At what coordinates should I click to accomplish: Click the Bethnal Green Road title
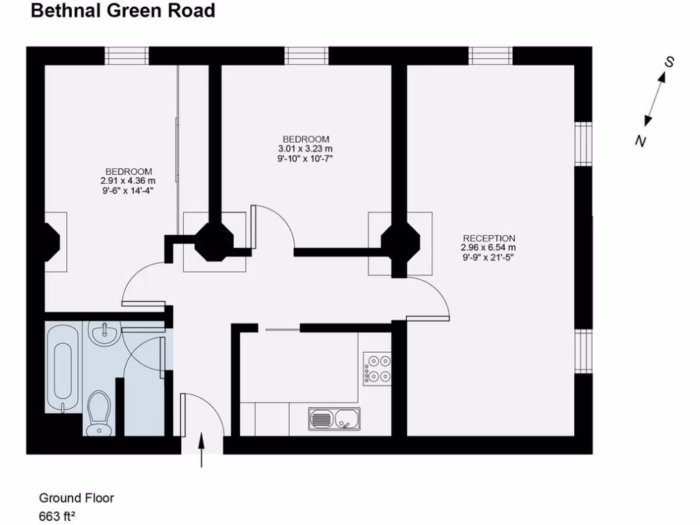click(123, 11)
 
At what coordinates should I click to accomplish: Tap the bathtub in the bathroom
click(62, 368)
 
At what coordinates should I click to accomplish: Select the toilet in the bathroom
click(100, 412)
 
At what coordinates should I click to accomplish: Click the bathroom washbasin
click(106, 334)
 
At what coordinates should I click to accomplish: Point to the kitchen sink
click(334, 418)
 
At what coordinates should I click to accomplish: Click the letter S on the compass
click(670, 62)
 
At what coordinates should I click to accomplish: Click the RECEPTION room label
click(488, 239)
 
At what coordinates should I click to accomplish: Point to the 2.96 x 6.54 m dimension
click(488, 247)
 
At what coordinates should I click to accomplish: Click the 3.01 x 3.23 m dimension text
click(305, 149)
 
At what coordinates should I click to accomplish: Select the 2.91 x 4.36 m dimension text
click(128, 181)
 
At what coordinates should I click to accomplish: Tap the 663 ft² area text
click(57, 516)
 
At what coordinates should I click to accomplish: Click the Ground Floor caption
click(77, 498)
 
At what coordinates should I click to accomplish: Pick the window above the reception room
click(491, 55)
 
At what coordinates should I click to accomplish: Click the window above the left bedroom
click(126, 55)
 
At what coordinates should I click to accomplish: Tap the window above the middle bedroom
click(306, 55)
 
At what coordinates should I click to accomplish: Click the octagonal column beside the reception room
click(400, 243)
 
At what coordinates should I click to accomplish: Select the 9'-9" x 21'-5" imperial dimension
click(488, 258)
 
